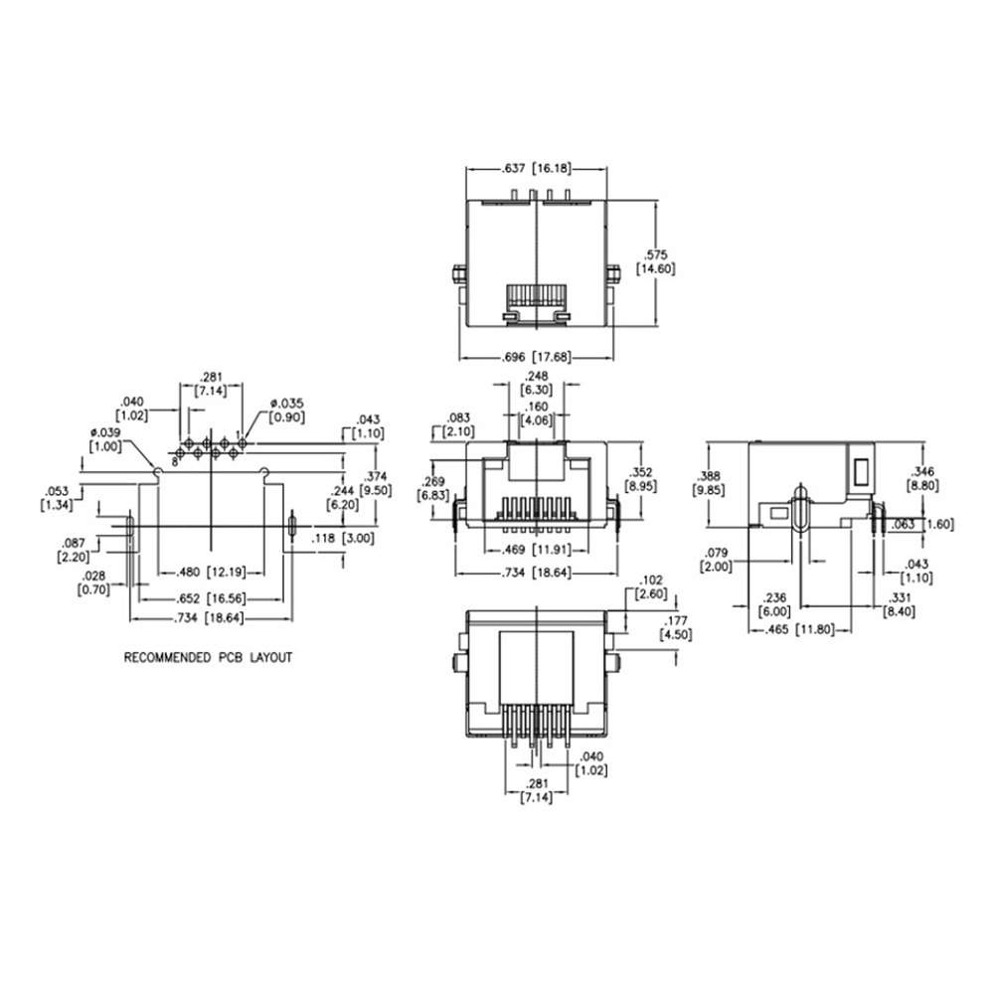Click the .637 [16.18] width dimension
[537, 169]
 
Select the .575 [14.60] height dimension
[655, 261]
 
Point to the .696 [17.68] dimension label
[536, 357]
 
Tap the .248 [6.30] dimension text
[537, 383]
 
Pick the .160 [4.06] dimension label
[537, 413]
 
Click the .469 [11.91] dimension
[537, 549]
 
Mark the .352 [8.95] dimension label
[641, 479]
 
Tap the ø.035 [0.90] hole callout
[286, 411]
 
